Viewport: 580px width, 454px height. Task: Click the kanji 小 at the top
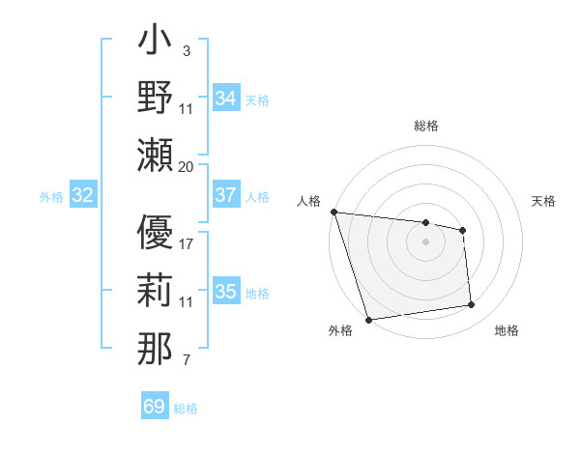click(x=156, y=43)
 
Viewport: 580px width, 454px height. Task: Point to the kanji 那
click(x=156, y=349)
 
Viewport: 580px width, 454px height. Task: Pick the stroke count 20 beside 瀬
click(x=186, y=166)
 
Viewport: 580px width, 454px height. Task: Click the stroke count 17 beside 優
click(x=187, y=243)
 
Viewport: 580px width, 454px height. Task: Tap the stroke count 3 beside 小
click(x=186, y=50)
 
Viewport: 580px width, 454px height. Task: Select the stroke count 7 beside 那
click(x=186, y=361)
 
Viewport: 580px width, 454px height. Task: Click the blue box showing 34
click(x=225, y=98)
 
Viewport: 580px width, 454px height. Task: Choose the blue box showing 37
click(x=225, y=195)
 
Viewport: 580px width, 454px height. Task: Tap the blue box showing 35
click(x=225, y=293)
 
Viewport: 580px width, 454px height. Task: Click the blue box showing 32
click(x=83, y=196)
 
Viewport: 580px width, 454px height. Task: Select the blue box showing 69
click(x=154, y=407)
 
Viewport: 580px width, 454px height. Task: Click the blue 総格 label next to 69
click(x=187, y=409)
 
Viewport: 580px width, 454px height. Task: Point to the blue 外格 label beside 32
click(x=51, y=197)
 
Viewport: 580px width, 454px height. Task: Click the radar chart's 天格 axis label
click(x=543, y=201)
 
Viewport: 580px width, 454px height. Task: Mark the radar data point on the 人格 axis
click(x=333, y=212)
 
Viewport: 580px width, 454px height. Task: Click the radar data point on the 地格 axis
click(x=472, y=305)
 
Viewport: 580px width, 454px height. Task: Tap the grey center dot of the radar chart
click(x=425, y=241)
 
